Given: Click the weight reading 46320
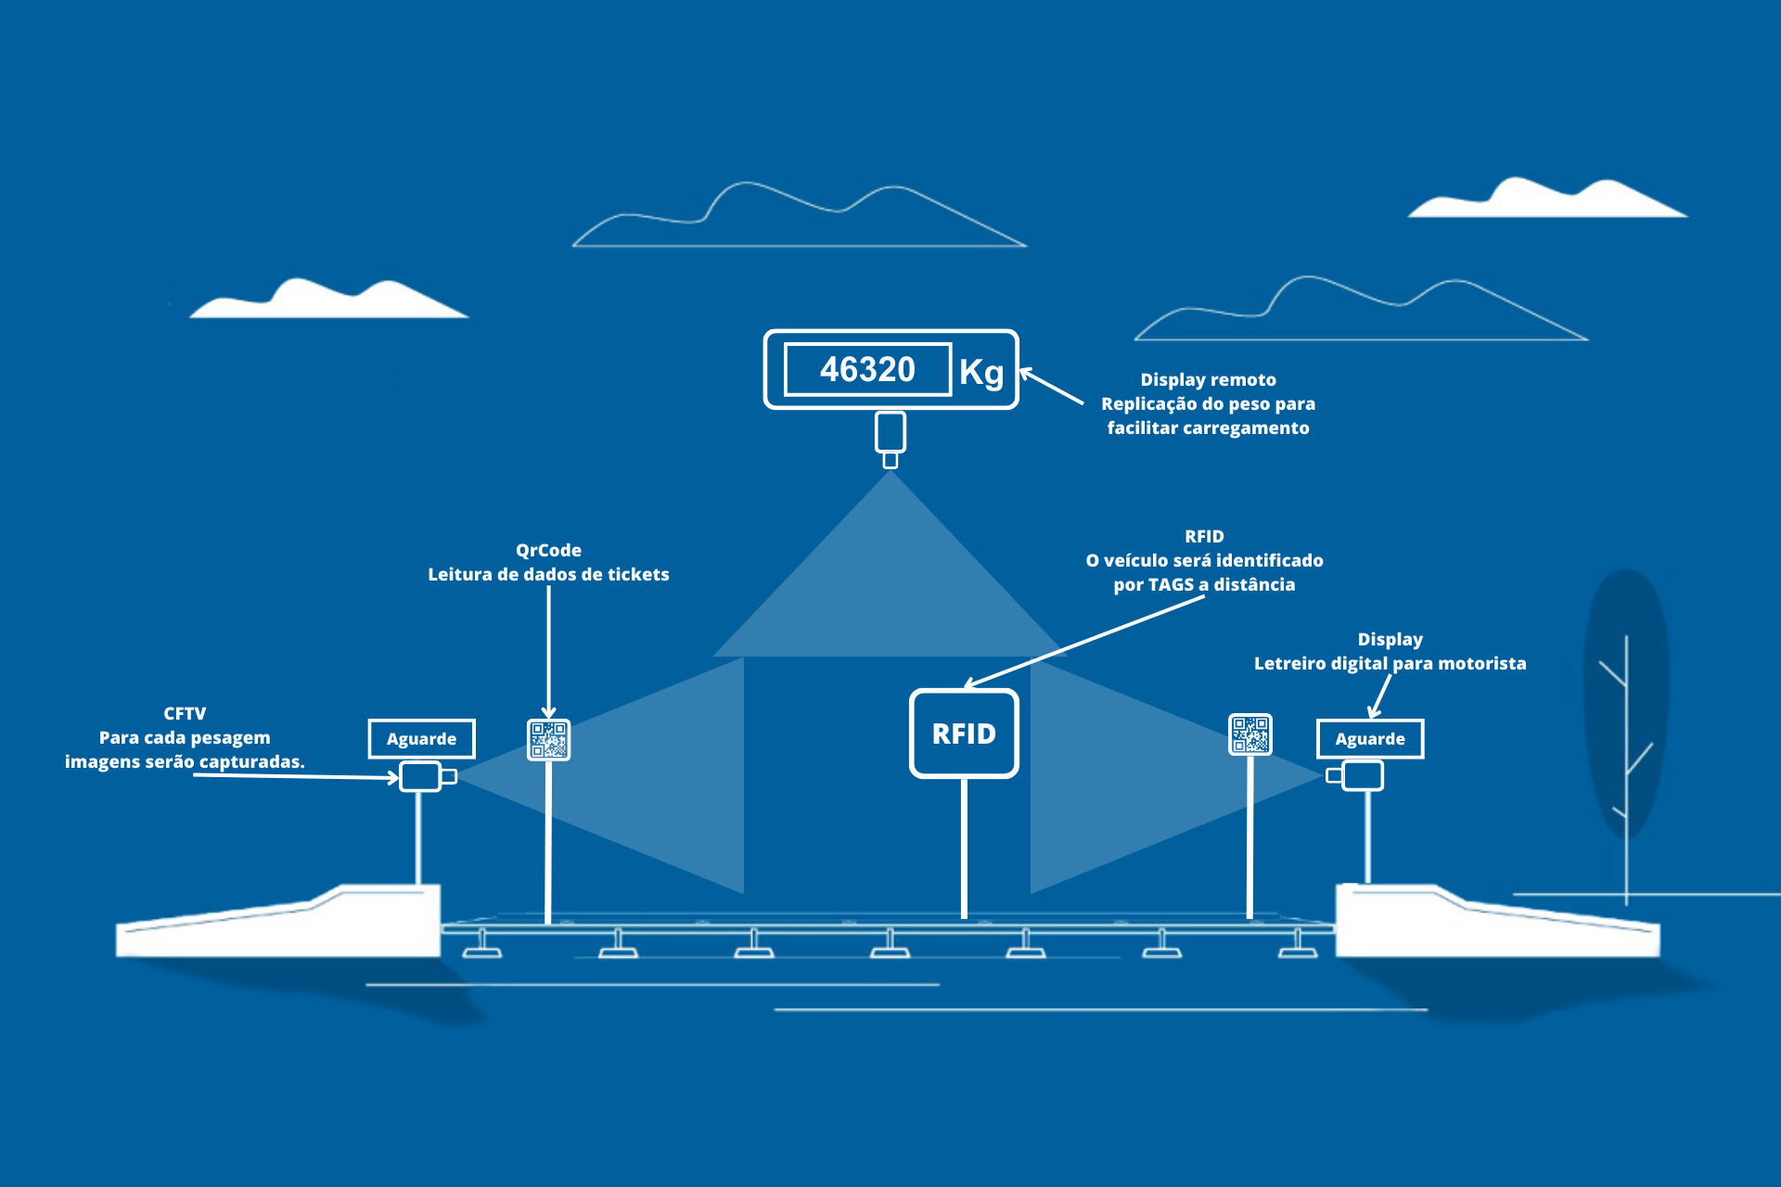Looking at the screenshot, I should coord(867,370).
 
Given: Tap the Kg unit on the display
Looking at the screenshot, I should coord(981,372).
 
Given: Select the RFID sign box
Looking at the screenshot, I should coord(964,734).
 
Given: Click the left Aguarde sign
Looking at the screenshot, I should coord(421,739).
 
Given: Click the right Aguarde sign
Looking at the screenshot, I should coord(1370,739).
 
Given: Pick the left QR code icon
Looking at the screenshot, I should coord(548,740).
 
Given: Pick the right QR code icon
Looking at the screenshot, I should coord(1250,734).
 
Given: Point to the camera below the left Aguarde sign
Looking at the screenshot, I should coord(423,776).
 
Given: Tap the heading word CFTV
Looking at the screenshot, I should coord(185,713).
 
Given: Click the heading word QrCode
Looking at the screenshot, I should coord(548,550).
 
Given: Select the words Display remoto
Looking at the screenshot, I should coord(1208,379).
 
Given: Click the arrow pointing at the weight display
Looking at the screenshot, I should coord(1052,387).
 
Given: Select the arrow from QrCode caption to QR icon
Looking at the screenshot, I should coord(548,649).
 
